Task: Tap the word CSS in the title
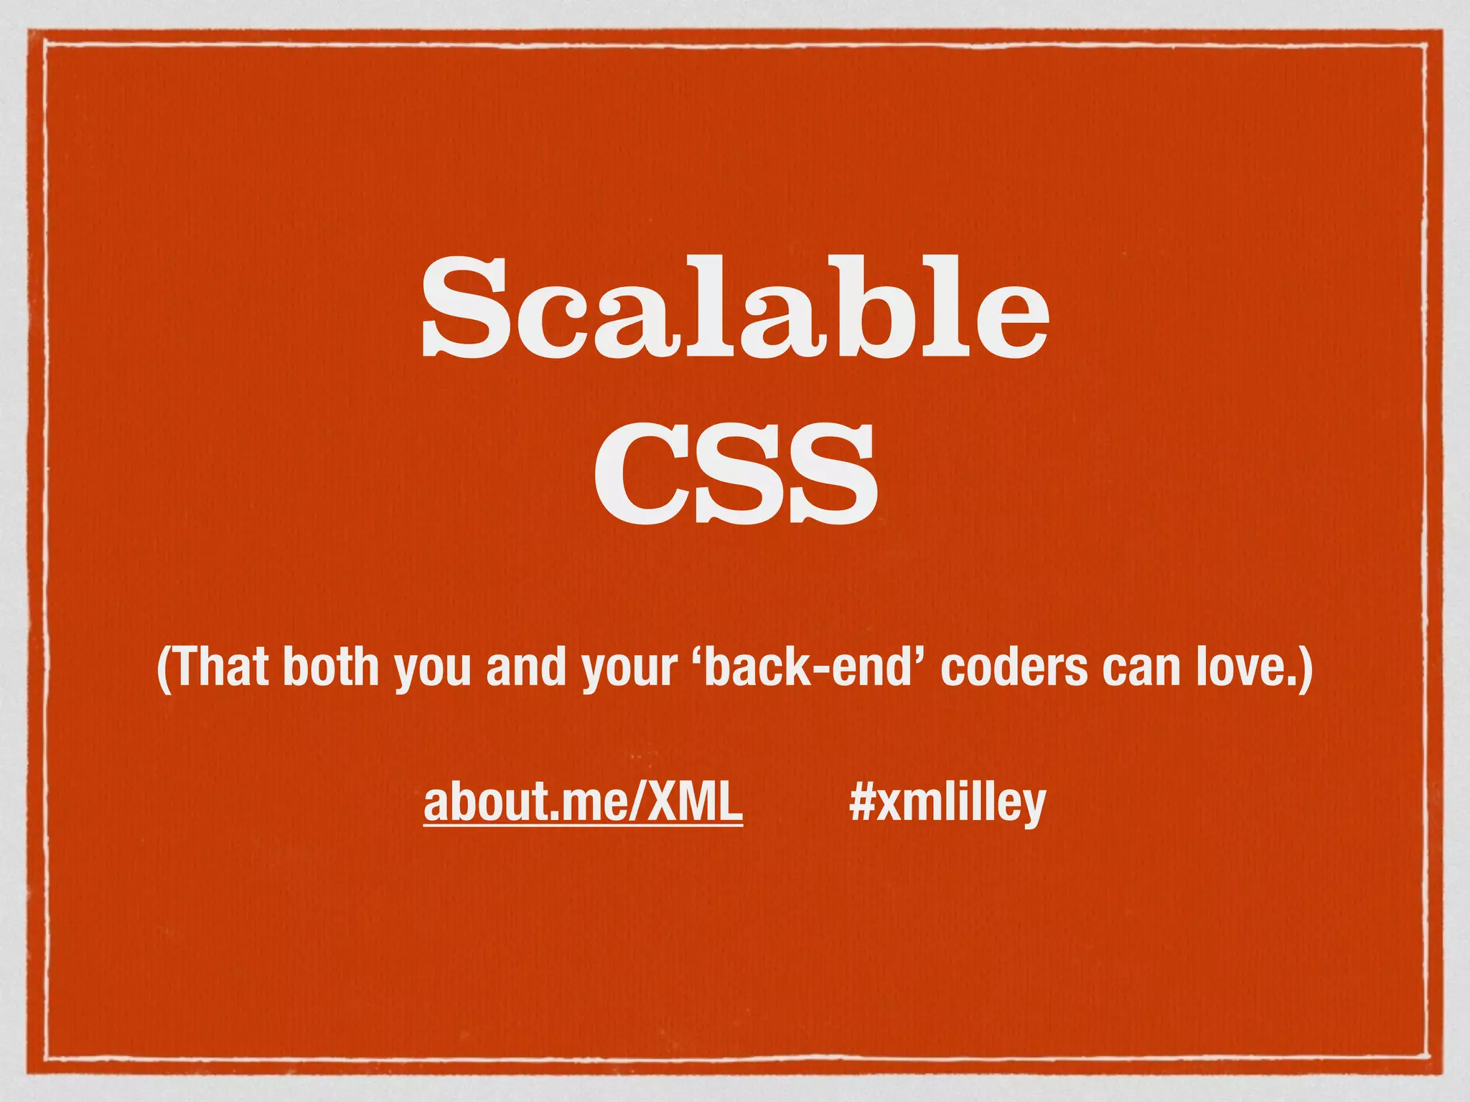pyautogui.click(x=735, y=474)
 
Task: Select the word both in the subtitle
pyautogui.click(x=330, y=667)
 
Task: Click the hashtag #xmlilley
pyautogui.click(x=947, y=804)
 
